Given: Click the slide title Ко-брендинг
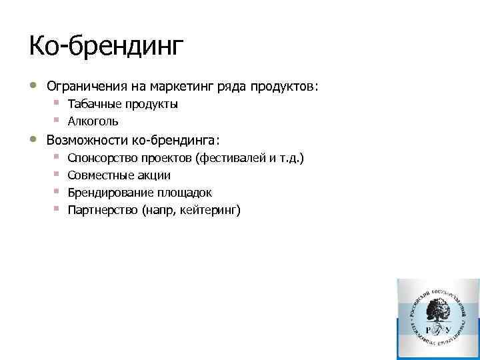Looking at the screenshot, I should tap(105, 47).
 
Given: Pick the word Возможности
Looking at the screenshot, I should tap(87, 140).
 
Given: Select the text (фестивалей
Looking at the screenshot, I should tap(231, 158).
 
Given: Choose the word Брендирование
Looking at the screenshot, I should tap(111, 193).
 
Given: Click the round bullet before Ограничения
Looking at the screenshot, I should tap(33, 86).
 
